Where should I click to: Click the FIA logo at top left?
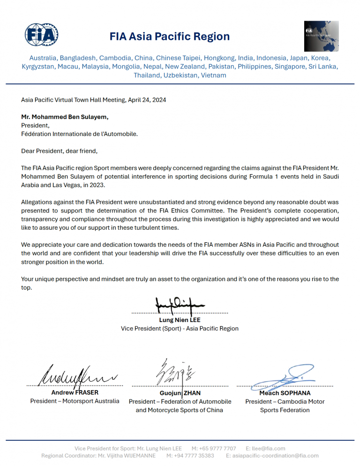pyautogui.click(x=41, y=35)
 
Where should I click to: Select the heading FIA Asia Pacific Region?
pyautogui.click(x=170, y=37)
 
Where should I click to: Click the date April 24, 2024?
pyautogui.click(x=145, y=100)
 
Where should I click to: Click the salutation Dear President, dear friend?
pyautogui.click(x=59, y=150)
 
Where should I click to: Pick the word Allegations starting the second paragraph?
pyautogui.click(x=37, y=202)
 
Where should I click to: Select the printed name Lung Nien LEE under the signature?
pyautogui.click(x=180, y=320)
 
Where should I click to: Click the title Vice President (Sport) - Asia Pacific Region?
pyautogui.click(x=180, y=329)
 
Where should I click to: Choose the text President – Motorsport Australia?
pyautogui.click(x=75, y=401)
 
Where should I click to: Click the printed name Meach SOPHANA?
pyautogui.click(x=285, y=393)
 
